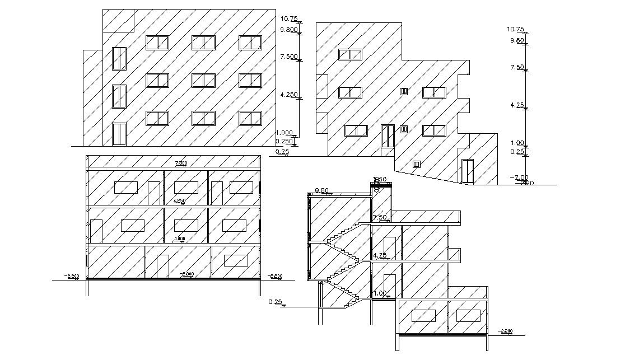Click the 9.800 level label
288,30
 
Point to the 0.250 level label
284,141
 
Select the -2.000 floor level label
186,274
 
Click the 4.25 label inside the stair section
379,255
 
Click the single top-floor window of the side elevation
350,54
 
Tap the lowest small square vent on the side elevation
416,164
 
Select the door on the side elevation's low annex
467,171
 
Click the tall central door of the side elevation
388,137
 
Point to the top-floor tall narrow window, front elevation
119,58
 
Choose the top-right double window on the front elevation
250,43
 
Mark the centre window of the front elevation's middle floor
203,80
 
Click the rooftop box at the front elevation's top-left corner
118,20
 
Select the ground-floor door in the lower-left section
162,267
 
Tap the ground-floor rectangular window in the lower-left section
236,260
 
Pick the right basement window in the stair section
468,316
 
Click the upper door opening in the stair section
390,247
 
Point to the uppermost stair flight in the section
352,228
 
